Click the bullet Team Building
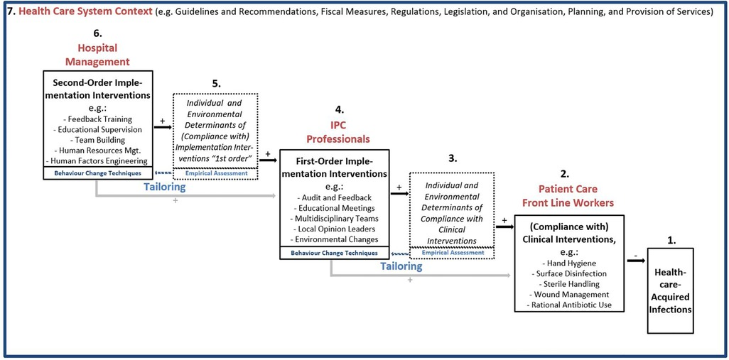point(99,140)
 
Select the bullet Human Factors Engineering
point(99,161)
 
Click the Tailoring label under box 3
point(400,266)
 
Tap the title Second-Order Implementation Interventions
point(99,88)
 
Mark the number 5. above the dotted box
point(216,83)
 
